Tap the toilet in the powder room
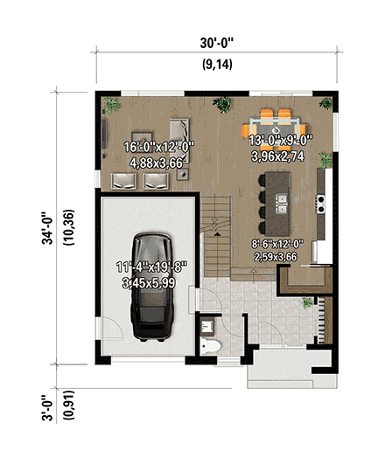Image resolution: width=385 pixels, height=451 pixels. pos(210,347)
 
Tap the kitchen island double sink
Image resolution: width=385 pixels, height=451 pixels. pos(281,205)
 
